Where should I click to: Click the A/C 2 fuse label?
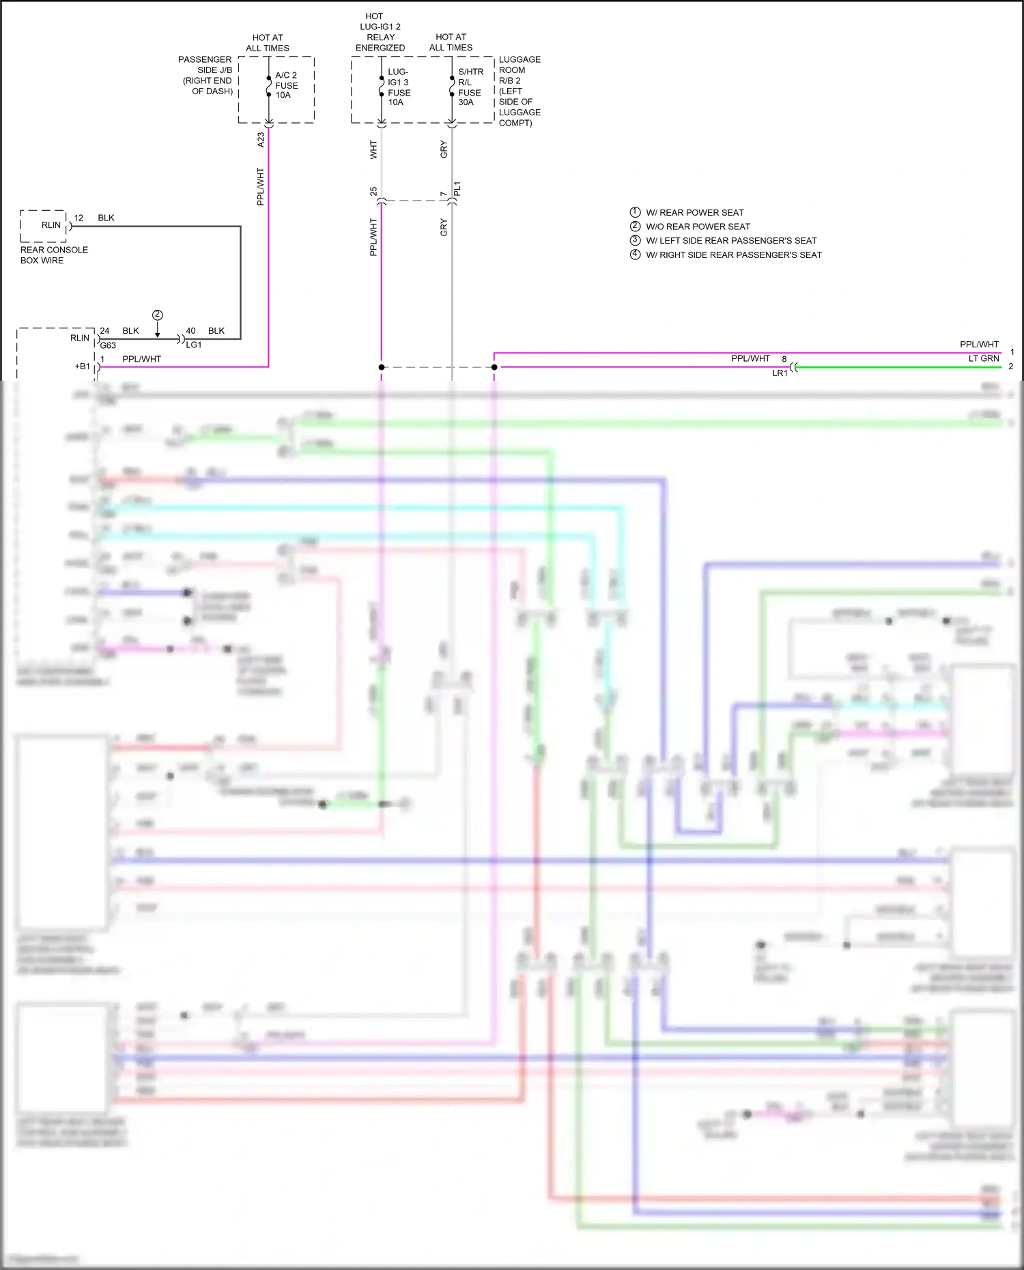tap(286, 85)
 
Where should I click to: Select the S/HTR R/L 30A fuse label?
tap(470, 87)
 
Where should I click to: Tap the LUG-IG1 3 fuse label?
tap(399, 87)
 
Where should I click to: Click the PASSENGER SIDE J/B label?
tap(205, 75)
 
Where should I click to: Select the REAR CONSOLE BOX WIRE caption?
tap(54, 255)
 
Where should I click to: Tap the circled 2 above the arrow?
tap(158, 315)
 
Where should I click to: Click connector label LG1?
tap(194, 345)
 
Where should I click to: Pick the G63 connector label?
tap(108, 346)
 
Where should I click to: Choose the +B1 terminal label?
tap(82, 366)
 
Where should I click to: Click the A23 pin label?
tap(261, 140)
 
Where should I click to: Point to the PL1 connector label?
tap(457, 188)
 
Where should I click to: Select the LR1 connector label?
tap(780, 373)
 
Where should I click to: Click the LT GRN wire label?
tap(984, 359)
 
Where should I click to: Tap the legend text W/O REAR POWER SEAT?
tap(698, 227)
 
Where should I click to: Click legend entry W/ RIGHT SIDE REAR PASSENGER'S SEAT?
tap(734, 255)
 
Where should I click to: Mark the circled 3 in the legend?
tap(635, 240)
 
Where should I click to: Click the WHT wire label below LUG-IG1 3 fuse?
tap(373, 149)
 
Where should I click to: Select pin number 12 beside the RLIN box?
tap(79, 218)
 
